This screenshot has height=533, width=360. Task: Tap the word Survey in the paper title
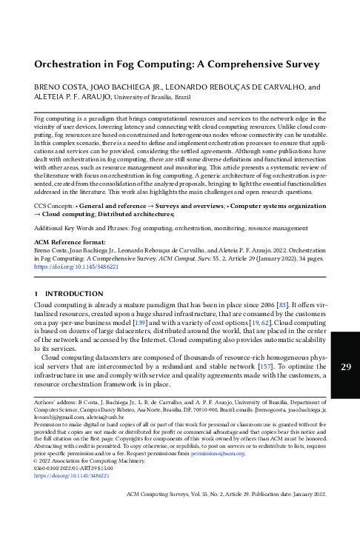point(300,64)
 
